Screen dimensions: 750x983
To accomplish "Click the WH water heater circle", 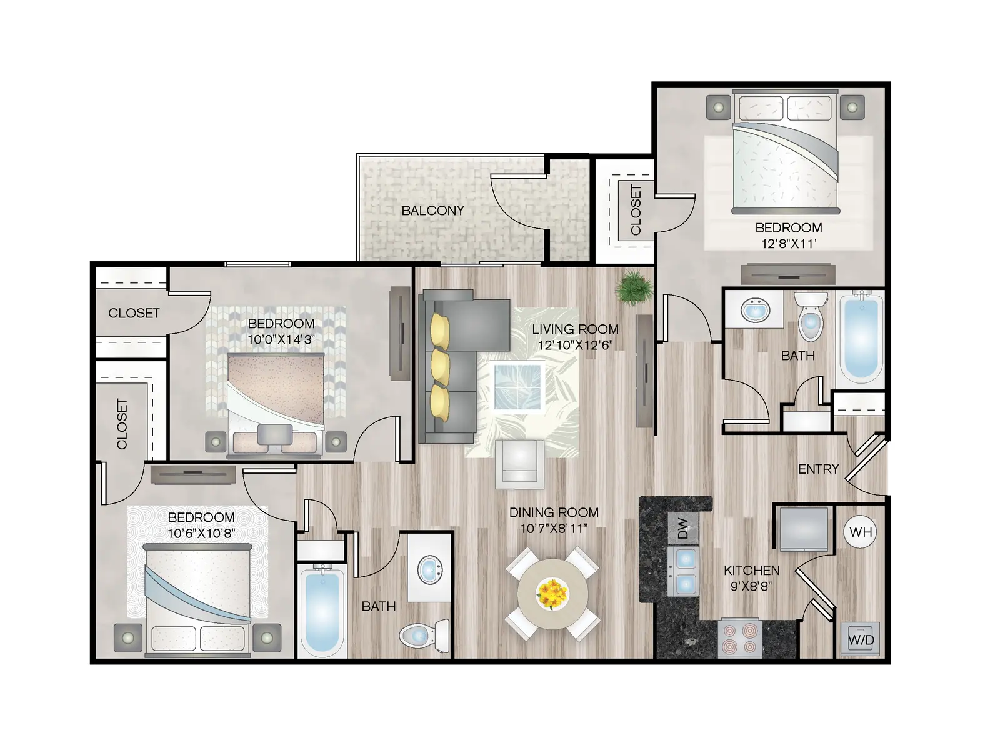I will pyautogui.click(x=861, y=532).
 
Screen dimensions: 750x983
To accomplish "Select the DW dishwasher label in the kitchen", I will pyautogui.click(x=683, y=529).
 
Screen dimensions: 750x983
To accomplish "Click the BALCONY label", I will pyautogui.click(x=432, y=211).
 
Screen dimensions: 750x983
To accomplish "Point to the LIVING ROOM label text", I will pyautogui.click(x=575, y=329).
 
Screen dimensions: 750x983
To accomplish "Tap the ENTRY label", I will pyautogui.click(x=818, y=469).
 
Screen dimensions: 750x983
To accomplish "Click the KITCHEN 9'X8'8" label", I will pyautogui.click(x=751, y=578).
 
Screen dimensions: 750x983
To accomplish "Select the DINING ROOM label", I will pyautogui.click(x=554, y=513).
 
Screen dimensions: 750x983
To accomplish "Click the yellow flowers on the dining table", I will pyautogui.click(x=552, y=592).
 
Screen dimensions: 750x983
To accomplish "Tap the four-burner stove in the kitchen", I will pyautogui.click(x=740, y=638).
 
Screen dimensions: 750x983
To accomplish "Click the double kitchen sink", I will pyautogui.click(x=686, y=571).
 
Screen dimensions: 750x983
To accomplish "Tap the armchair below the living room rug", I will pyautogui.click(x=519, y=463).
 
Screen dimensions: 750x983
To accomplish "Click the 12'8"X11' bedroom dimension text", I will pyautogui.click(x=788, y=244).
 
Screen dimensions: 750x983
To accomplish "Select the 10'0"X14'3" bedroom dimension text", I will pyautogui.click(x=281, y=340).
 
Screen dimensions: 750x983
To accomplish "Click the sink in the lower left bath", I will pyautogui.click(x=429, y=570).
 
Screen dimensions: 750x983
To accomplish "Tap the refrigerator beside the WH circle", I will pyautogui.click(x=803, y=529).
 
